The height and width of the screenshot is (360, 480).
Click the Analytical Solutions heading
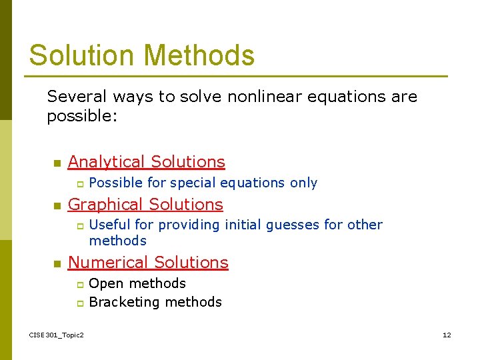pos(146,162)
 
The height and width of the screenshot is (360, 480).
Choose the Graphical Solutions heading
pos(145,205)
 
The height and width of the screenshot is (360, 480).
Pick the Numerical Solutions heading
pos(148,263)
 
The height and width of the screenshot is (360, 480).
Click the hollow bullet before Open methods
pos(79,285)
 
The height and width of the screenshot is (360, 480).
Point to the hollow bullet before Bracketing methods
pos(79,303)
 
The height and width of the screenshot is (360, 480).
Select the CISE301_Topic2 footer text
pos(57,335)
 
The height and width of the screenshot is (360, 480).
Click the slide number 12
pos(447,335)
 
